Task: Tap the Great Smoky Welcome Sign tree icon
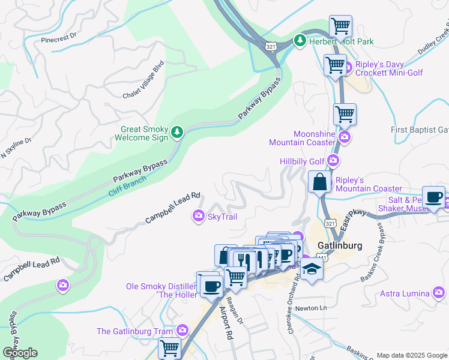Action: pyautogui.click(x=176, y=132)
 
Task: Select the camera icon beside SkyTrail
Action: pyautogui.click(x=198, y=216)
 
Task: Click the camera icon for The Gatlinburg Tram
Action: pyautogui.click(x=182, y=331)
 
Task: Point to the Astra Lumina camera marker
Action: pyautogui.click(x=439, y=293)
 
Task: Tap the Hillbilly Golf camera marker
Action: pyautogui.click(x=334, y=161)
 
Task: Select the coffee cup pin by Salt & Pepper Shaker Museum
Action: pyautogui.click(x=433, y=198)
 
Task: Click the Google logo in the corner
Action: pyautogui.click(x=19, y=353)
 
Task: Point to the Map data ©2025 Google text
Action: pyautogui.click(x=412, y=355)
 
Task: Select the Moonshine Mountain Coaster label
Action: pyautogui.click(x=301, y=138)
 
